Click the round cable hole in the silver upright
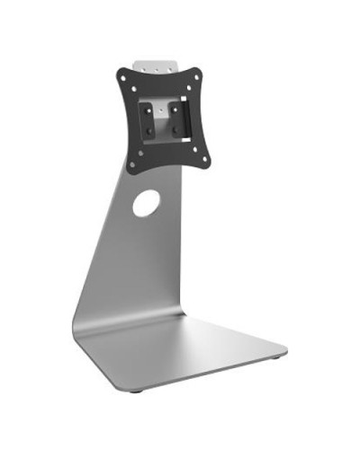pyautogui.click(x=146, y=203)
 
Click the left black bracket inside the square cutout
pyautogui.click(x=148, y=119)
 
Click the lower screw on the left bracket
pyautogui.click(x=149, y=130)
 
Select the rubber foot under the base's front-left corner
pyautogui.click(x=135, y=391)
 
